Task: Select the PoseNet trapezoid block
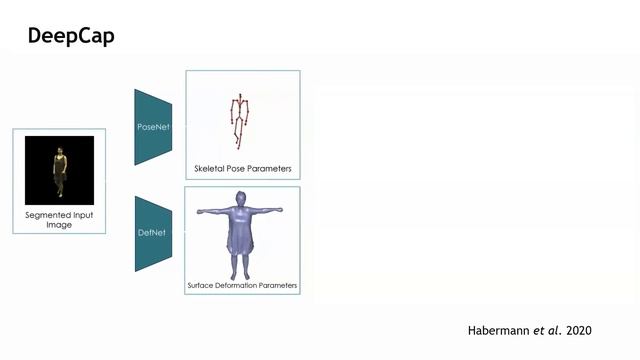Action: [x=153, y=127]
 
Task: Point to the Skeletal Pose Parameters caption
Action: [x=243, y=168]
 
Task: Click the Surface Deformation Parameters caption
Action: [x=242, y=286]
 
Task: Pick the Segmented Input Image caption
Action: [x=58, y=220]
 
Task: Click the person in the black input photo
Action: [x=59, y=171]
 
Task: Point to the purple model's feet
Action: [x=241, y=276]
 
